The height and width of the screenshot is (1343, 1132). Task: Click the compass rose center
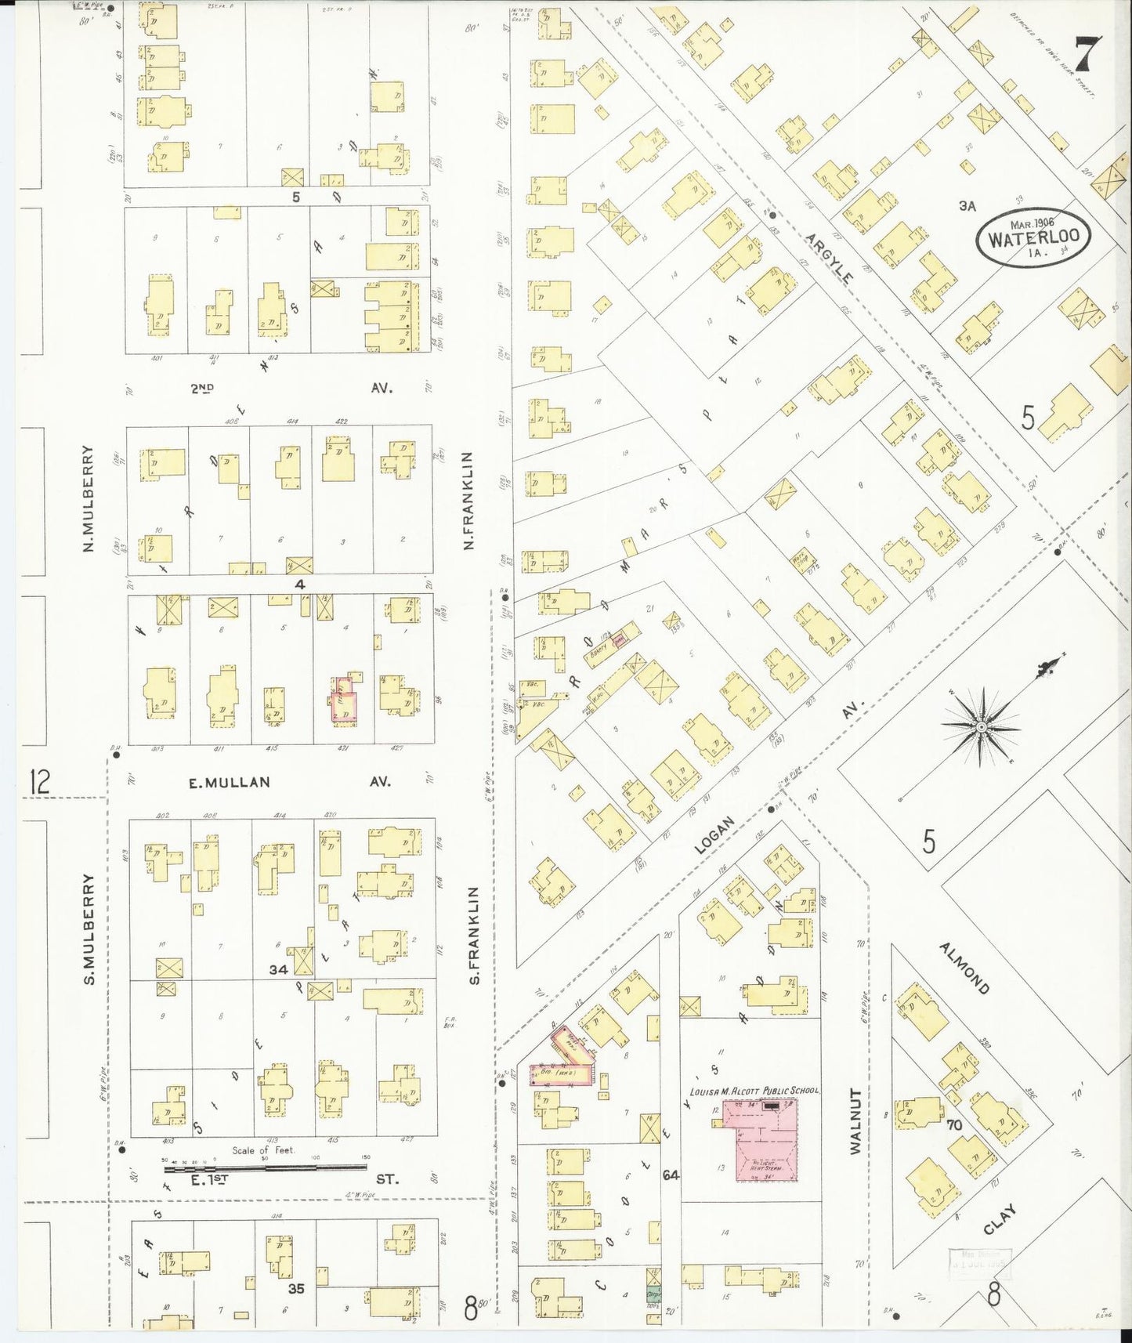980,727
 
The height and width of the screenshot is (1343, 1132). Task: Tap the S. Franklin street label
473,935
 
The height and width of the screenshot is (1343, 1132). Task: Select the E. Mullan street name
230,782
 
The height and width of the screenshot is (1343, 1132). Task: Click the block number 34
278,969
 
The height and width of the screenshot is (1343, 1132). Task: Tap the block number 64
671,1175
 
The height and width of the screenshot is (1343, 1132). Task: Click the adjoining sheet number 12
39,781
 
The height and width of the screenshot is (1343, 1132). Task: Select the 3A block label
967,205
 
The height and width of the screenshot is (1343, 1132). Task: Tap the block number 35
295,1287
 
